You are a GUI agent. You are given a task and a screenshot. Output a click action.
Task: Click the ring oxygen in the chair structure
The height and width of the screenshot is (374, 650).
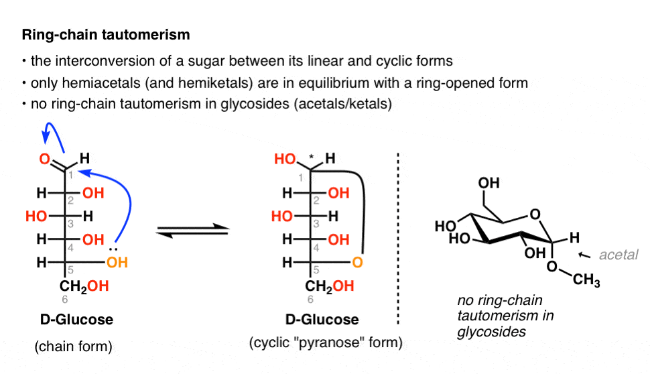(x=533, y=214)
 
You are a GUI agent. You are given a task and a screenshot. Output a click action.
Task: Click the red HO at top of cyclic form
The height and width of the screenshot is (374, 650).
(x=285, y=160)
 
